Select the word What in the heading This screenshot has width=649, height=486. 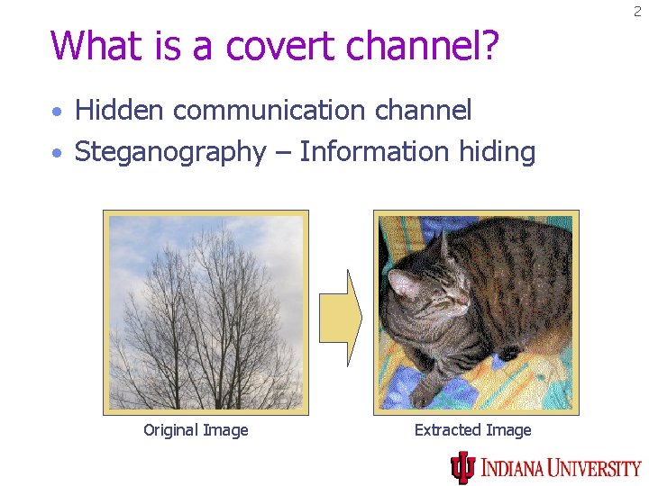(x=94, y=45)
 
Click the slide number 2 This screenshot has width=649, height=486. (x=637, y=12)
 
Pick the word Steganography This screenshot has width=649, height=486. (x=169, y=153)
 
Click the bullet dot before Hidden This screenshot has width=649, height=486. (x=58, y=112)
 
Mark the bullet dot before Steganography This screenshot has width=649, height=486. (x=58, y=154)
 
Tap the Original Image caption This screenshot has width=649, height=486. (x=196, y=430)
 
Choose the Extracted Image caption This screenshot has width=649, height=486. (x=472, y=430)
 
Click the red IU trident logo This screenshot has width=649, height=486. (x=463, y=466)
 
